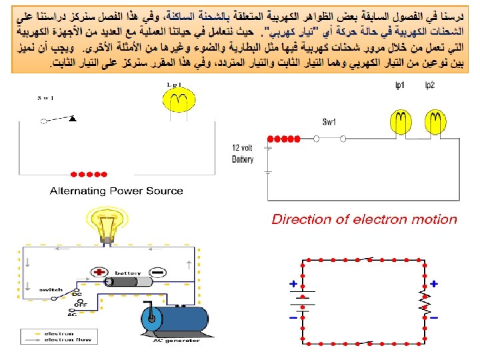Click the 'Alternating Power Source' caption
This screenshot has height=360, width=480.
pyautogui.click(x=116, y=191)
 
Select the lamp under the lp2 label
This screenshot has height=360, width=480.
pyautogui.click(x=435, y=121)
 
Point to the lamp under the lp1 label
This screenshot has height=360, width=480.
pyautogui.click(x=401, y=121)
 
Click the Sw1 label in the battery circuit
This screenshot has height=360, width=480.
pyautogui.click(x=329, y=122)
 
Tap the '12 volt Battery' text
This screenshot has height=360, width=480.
pyautogui.click(x=243, y=154)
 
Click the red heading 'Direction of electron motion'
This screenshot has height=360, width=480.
pyautogui.click(x=364, y=219)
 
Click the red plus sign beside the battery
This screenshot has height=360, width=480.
pyautogui.click(x=101, y=272)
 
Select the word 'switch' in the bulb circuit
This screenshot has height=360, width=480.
pyautogui.click(x=51, y=290)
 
